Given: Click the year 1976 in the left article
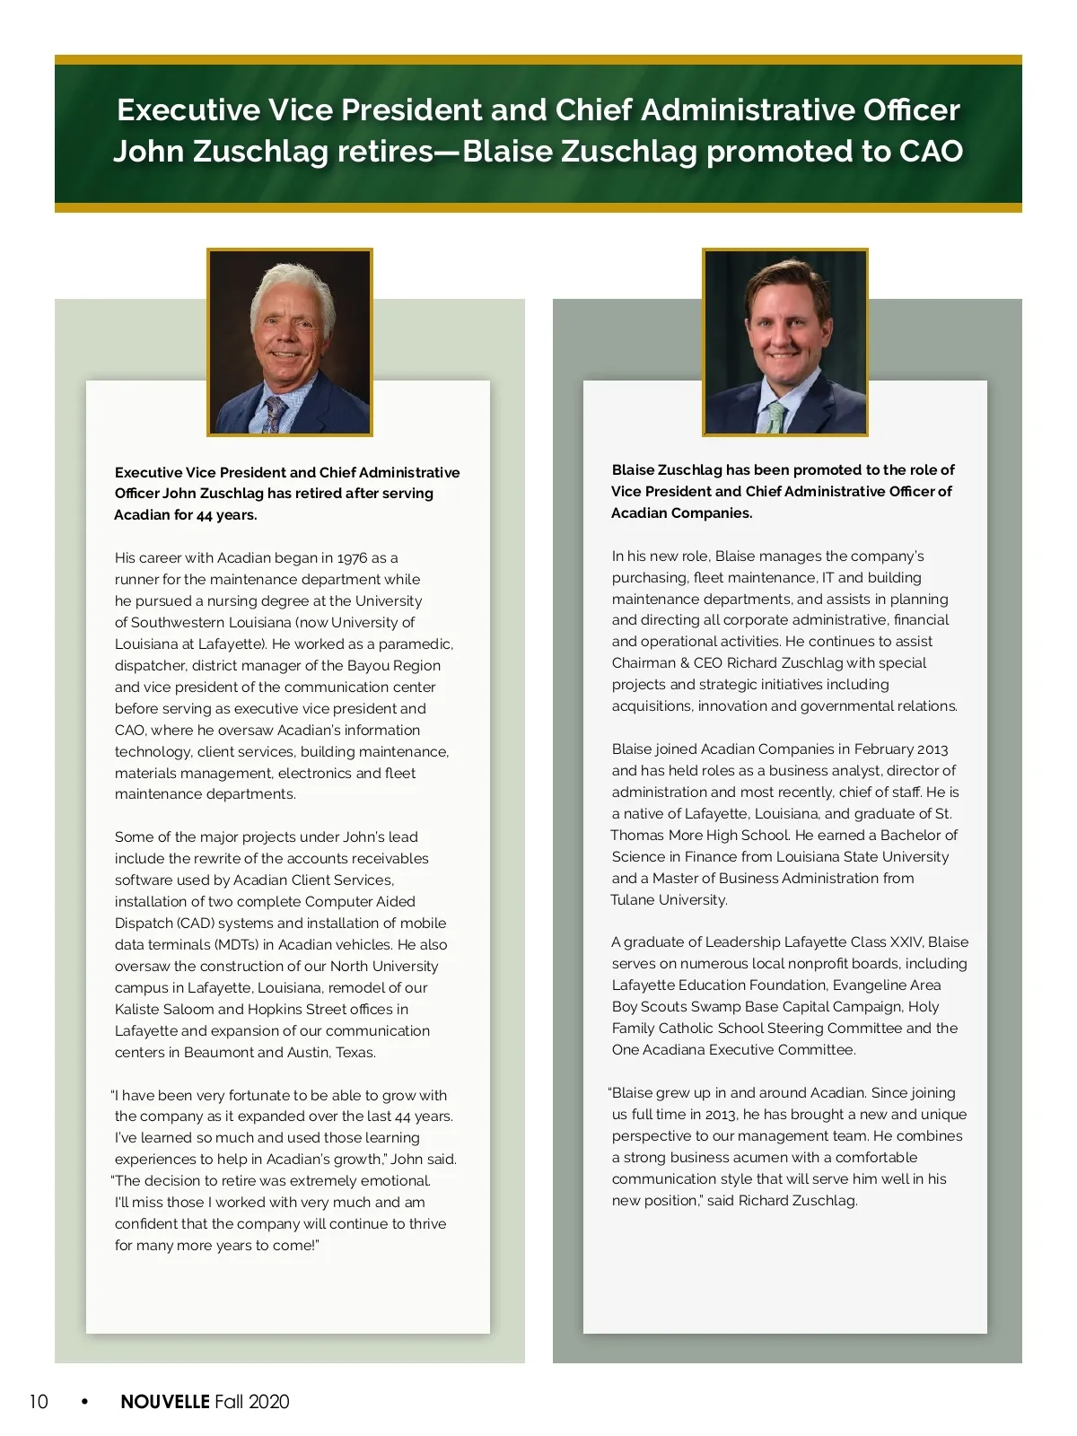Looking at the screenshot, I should click(x=353, y=558).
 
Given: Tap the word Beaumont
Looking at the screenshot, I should click(x=218, y=1053).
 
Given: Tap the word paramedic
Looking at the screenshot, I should click(x=416, y=644).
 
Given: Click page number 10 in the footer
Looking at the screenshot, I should click(x=39, y=1402).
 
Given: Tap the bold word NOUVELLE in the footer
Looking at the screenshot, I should click(x=165, y=1402).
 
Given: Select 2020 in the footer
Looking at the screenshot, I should click(x=268, y=1402).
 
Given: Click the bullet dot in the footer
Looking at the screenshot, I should click(x=84, y=1401).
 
